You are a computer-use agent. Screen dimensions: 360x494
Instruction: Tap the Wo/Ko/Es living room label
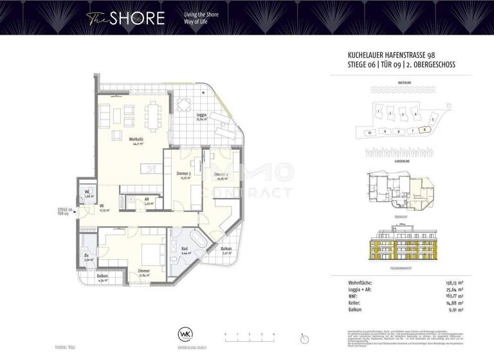[x=136, y=141]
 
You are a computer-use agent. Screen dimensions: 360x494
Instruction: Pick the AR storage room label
[x=147, y=199]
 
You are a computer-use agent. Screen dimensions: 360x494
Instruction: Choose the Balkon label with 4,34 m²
[x=103, y=276]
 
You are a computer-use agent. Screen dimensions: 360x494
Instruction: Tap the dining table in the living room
[x=152, y=116]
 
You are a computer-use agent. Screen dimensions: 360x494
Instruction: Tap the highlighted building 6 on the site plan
[x=425, y=129]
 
